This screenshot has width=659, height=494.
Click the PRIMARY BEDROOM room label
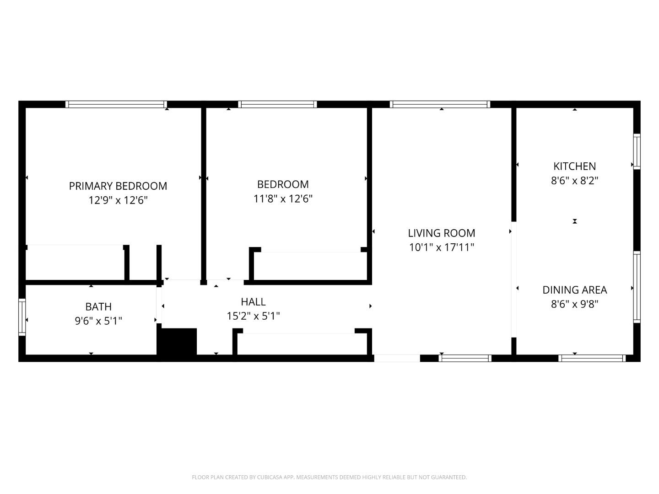pos(118,186)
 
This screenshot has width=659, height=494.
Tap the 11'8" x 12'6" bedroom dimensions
pos(283,199)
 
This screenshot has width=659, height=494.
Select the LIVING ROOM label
pos(441,233)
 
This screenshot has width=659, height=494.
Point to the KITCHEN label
pos(574,166)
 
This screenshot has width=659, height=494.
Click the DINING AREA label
pos(574,290)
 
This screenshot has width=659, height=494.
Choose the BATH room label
pos(98,306)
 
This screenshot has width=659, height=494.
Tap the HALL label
pos(253,301)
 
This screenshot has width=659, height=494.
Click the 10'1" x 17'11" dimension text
pos(441,247)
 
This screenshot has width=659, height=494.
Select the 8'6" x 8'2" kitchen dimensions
pos(574,180)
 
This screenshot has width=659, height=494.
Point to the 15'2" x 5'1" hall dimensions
pos(253,316)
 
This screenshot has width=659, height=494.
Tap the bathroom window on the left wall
pos(22,317)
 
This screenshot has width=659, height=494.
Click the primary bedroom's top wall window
pos(116,104)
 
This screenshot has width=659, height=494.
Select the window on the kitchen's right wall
pos(637,151)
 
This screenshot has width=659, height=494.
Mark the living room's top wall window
pos(440,104)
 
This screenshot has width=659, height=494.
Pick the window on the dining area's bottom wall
pos(592,358)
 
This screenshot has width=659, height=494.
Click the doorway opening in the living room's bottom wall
pos(397,358)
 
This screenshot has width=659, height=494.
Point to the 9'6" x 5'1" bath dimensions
pos(98,321)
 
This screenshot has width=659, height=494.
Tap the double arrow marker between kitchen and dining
pos(575,221)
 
